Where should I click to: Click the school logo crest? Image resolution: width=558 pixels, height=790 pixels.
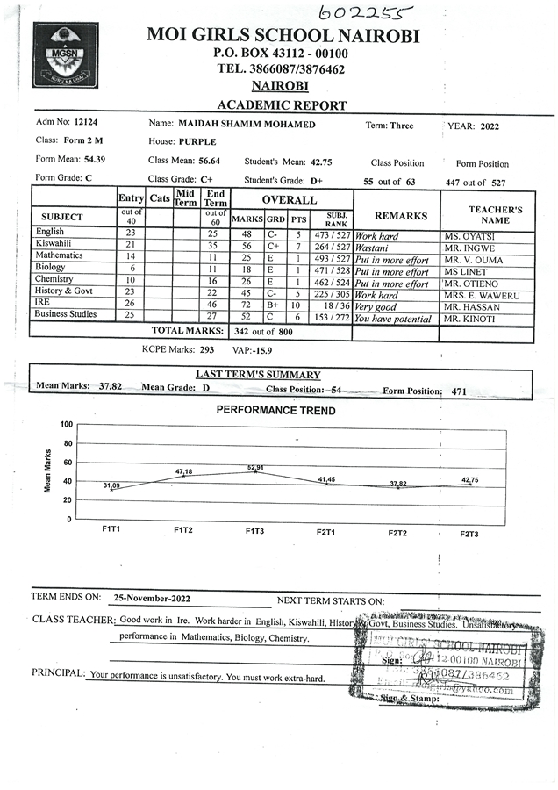60,55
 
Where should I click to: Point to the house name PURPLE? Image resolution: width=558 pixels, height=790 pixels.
197,141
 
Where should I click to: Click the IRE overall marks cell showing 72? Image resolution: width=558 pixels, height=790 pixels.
247,303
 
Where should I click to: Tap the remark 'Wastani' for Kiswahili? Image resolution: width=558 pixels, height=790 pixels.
374,248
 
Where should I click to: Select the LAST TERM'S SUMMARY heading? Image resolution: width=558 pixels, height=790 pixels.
258,375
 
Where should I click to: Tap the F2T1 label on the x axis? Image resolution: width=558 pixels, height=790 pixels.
326,532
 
